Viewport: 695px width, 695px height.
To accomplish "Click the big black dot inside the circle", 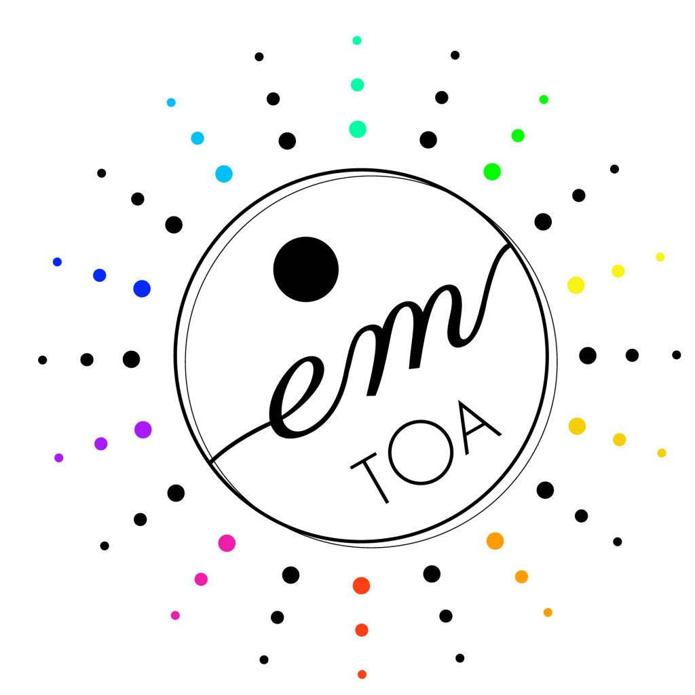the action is pos(306,269).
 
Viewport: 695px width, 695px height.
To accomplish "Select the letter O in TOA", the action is pos(421,452).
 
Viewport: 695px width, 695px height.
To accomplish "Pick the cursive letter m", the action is pos(412,337).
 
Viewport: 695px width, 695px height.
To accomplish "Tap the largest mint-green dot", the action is pos(358,129).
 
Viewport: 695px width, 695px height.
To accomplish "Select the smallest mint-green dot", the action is pos(357,40).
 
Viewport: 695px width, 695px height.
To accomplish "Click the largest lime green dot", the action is pos(492,172).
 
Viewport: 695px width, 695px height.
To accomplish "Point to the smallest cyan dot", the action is pos(171,102).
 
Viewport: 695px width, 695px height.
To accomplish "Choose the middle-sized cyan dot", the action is pos(198,138).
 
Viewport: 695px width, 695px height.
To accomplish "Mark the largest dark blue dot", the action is pos(142,288).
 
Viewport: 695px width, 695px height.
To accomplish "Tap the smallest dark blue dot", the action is pos(57,262).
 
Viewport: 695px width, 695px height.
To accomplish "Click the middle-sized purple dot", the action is pos(101,444).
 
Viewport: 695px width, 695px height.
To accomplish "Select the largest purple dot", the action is pos(143,430).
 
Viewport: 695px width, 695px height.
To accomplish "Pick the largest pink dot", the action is pos(227,543).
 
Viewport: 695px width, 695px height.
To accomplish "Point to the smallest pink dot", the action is pos(175,615).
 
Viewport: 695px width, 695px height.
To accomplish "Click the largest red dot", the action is pos(361,586).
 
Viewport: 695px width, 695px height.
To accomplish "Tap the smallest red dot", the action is pos(362,674).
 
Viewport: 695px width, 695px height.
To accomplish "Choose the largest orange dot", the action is pos(495,541).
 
